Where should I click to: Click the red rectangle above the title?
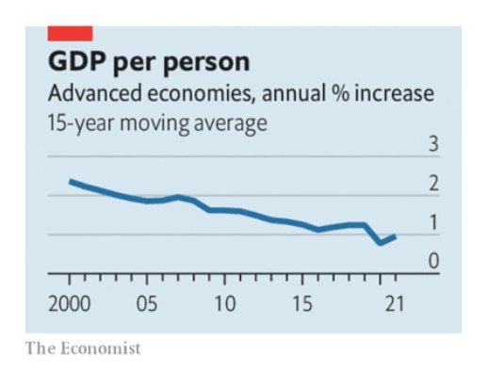70,34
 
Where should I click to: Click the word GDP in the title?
76,61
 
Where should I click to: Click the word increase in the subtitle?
395,93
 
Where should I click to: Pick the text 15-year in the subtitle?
80,123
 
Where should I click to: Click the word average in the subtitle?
230,124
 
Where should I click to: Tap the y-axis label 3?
433,144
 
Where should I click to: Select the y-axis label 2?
433,184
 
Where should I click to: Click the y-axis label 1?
433,222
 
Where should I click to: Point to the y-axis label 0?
433,261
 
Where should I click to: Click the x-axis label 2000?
70,304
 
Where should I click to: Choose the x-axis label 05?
147,304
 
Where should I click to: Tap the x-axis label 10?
224,304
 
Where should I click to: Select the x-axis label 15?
302,304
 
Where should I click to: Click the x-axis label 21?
395,304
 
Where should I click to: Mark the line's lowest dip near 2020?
381,243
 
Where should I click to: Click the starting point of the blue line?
71,182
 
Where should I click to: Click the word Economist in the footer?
101,349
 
